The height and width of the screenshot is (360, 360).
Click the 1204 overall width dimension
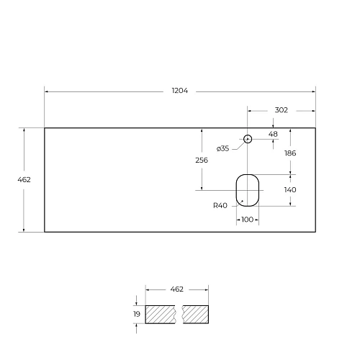point(180,91)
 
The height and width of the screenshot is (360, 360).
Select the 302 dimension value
point(282,110)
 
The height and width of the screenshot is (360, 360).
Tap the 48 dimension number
point(273,134)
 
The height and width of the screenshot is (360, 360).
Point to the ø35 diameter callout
point(222,148)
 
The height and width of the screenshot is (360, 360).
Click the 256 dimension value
point(202,160)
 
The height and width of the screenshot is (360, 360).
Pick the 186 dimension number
point(290,153)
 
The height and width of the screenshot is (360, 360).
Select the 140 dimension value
point(290,189)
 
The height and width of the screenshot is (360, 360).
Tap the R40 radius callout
point(220,205)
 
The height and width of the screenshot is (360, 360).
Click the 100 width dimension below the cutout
point(247,219)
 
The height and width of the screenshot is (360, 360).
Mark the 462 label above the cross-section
point(177,289)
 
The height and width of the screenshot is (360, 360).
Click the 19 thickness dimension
point(136,314)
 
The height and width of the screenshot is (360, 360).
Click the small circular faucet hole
point(248,138)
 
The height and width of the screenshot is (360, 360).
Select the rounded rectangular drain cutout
point(247,189)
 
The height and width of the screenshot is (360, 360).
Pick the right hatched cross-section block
point(195,314)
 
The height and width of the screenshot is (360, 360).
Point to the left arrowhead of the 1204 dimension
point(47,91)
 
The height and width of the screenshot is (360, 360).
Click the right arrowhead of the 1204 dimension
point(313,91)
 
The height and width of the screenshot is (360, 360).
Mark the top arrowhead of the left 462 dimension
point(25,130)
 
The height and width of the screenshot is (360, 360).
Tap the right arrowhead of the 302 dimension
point(313,110)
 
